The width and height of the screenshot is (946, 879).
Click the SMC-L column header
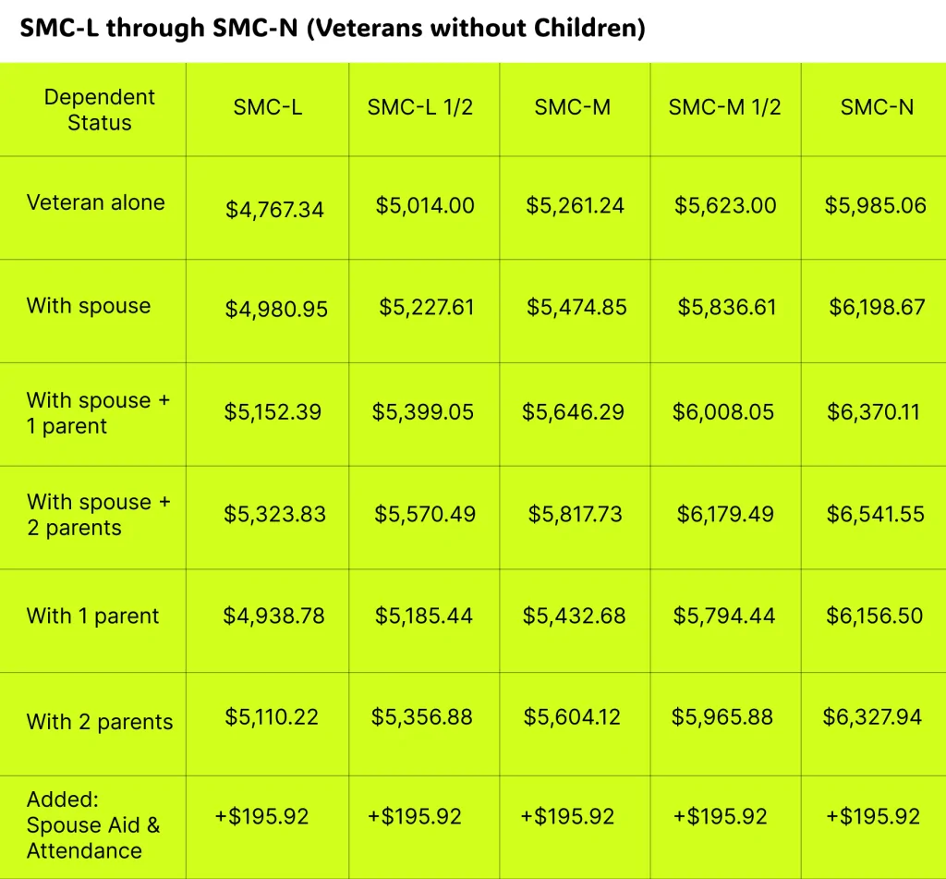(268, 107)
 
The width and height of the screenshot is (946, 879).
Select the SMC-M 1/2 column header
(724, 107)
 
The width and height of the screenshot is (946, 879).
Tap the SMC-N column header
(877, 107)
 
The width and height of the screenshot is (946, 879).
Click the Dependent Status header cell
(99, 110)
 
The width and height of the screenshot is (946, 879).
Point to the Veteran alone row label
(96, 203)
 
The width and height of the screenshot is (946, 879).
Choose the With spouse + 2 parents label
(99, 515)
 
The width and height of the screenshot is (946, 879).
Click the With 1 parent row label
(92, 617)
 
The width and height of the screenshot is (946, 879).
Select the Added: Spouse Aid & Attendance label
(93, 825)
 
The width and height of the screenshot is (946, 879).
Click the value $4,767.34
(274, 210)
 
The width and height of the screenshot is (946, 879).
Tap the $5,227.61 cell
(426, 307)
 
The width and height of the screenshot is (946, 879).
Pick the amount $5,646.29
(574, 412)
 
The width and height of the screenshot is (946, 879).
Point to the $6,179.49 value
(725, 514)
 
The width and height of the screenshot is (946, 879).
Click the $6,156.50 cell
(874, 616)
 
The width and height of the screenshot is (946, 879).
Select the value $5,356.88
(421, 717)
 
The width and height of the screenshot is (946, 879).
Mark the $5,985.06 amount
(875, 205)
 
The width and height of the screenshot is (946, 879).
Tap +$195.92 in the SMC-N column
(873, 817)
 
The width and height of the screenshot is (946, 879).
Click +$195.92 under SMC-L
(261, 817)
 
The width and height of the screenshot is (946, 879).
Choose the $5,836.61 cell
(727, 307)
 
